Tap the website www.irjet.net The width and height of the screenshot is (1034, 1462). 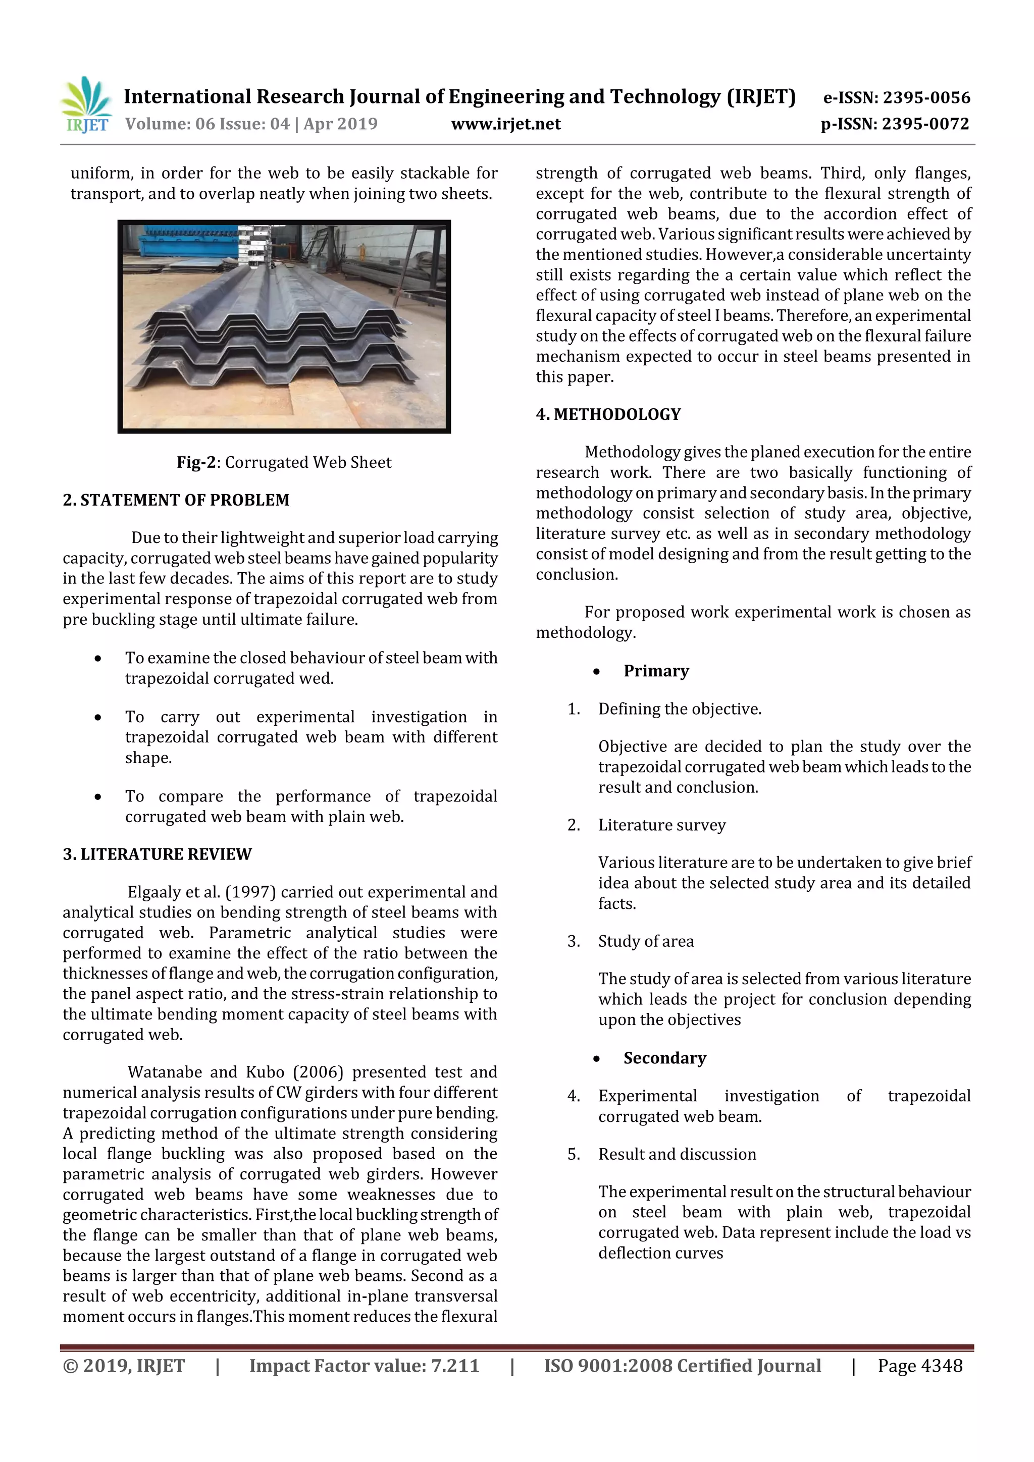[506, 124]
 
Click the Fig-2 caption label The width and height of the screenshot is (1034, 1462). [197, 462]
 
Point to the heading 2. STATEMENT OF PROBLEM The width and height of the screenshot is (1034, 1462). [176, 500]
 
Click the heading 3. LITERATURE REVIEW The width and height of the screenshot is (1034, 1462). [157, 854]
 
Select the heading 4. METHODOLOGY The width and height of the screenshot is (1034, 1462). [608, 414]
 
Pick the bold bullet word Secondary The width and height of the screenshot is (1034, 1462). [664, 1058]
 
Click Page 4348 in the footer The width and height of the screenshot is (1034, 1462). [919, 1366]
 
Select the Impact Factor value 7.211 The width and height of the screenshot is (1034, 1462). [455, 1366]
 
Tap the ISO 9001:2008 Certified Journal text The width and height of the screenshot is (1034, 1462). [682, 1366]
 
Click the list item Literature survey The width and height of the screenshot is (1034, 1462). [661, 825]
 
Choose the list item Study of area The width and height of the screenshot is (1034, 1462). [645, 941]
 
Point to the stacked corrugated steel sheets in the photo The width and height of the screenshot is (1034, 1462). [274, 331]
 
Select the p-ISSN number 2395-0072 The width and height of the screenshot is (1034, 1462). [925, 124]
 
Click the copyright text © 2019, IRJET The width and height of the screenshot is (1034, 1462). [124, 1366]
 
